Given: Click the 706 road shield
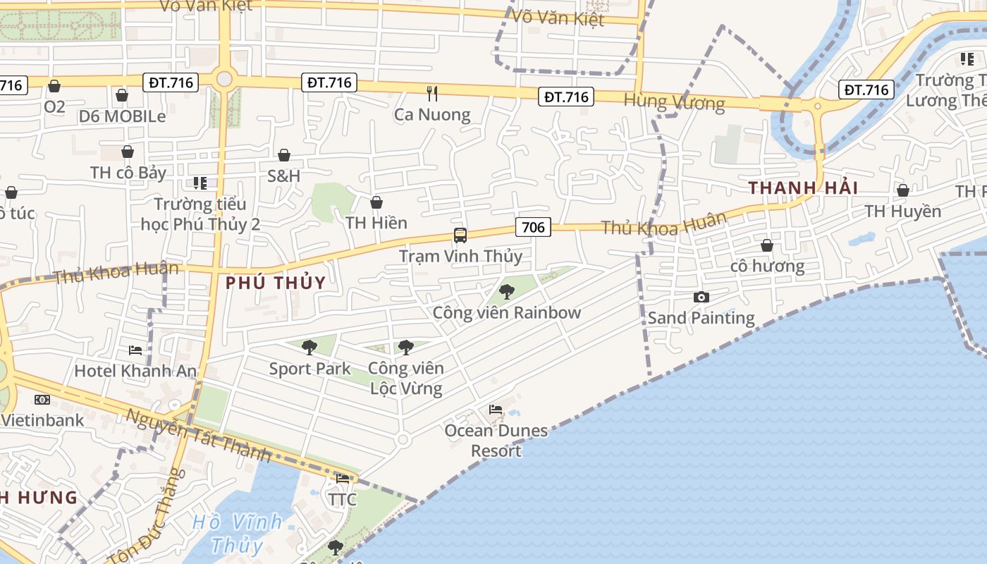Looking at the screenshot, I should click(534, 226).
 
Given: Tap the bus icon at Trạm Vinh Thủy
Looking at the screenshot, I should click(460, 235).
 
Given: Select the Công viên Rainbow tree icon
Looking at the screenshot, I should click(506, 291).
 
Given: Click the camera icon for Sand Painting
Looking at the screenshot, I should click(701, 297).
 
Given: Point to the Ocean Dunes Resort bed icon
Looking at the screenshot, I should click(496, 409).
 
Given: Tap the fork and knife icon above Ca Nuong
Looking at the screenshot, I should click(432, 92).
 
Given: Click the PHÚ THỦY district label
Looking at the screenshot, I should click(276, 283).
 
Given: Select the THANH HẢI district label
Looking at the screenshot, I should click(803, 188).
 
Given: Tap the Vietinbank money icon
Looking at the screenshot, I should click(42, 400).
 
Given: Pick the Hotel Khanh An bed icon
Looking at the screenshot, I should click(135, 350).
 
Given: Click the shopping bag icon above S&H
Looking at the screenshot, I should click(283, 155).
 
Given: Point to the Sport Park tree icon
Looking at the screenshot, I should click(309, 347).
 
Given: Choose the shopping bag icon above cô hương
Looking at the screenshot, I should click(766, 245).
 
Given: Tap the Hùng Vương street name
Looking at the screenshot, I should click(674, 103).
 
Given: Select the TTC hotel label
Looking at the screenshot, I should click(343, 500).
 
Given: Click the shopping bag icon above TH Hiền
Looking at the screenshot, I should click(376, 202).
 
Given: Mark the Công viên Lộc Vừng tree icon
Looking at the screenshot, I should click(405, 347).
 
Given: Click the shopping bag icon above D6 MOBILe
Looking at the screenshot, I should click(122, 94).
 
